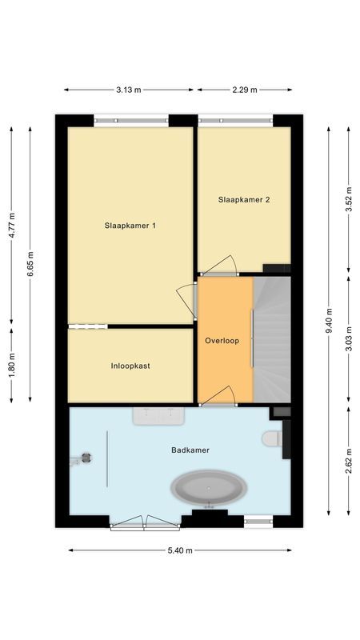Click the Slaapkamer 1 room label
click(x=130, y=226)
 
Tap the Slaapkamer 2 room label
click(x=243, y=200)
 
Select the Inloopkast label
click(x=130, y=366)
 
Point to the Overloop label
click(x=222, y=340)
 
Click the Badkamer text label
click(x=190, y=450)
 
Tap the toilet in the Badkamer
click(x=272, y=439)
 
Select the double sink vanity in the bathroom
click(x=159, y=415)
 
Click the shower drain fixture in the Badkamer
click(x=85, y=458)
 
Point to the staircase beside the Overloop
click(x=272, y=336)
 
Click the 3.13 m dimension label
click(x=128, y=90)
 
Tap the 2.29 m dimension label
click(x=244, y=90)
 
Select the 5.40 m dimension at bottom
click(x=179, y=550)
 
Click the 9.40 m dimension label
click(x=329, y=320)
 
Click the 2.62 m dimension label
click(x=348, y=459)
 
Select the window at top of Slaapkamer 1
click(x=131, y=121)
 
